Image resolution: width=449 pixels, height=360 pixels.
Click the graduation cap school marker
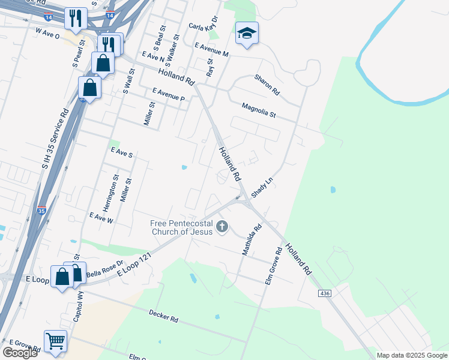(246, 34)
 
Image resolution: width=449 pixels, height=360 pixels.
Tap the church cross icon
(222, 226)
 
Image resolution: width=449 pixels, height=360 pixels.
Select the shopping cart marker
(55, 341)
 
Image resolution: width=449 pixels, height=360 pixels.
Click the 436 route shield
(325, 293)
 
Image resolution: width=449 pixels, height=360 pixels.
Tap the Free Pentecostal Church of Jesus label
(181, 228)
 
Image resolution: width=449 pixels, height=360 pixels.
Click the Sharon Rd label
(267, 85)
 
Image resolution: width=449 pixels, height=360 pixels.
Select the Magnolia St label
(258, 110)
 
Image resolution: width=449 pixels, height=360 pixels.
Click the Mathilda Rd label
(252, 240)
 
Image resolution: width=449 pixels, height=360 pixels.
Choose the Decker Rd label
(164, 316)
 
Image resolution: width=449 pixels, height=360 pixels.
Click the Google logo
(20, 353)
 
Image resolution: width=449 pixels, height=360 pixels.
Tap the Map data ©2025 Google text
(411, 355)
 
